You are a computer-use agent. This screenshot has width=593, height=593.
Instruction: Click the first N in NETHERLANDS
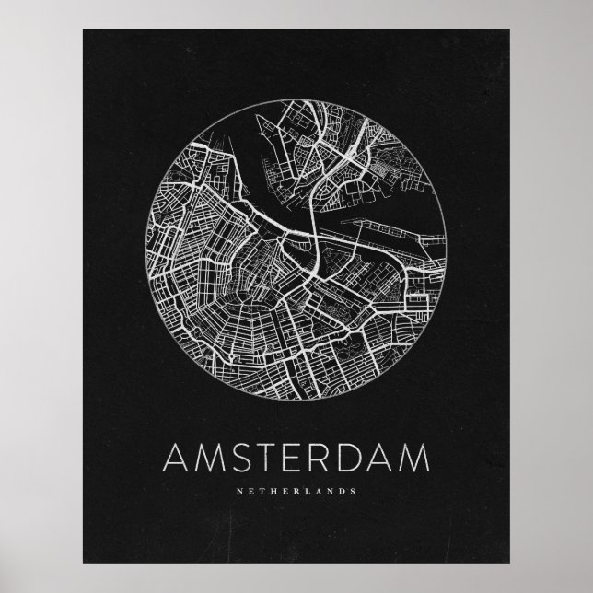point(239,491)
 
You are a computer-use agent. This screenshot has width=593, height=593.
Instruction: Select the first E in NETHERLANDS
point(250,491)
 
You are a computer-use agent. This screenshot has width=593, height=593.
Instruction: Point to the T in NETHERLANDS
point(262,491)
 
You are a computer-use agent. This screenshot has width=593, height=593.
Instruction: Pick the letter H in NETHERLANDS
point(273,491)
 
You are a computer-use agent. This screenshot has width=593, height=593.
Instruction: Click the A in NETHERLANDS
point(319,491)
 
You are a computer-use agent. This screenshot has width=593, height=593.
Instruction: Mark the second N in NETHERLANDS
point(331,491)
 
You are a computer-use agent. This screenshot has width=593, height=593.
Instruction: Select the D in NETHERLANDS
point(343,491)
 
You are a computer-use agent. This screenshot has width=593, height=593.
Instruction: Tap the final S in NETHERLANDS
point(354,491)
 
